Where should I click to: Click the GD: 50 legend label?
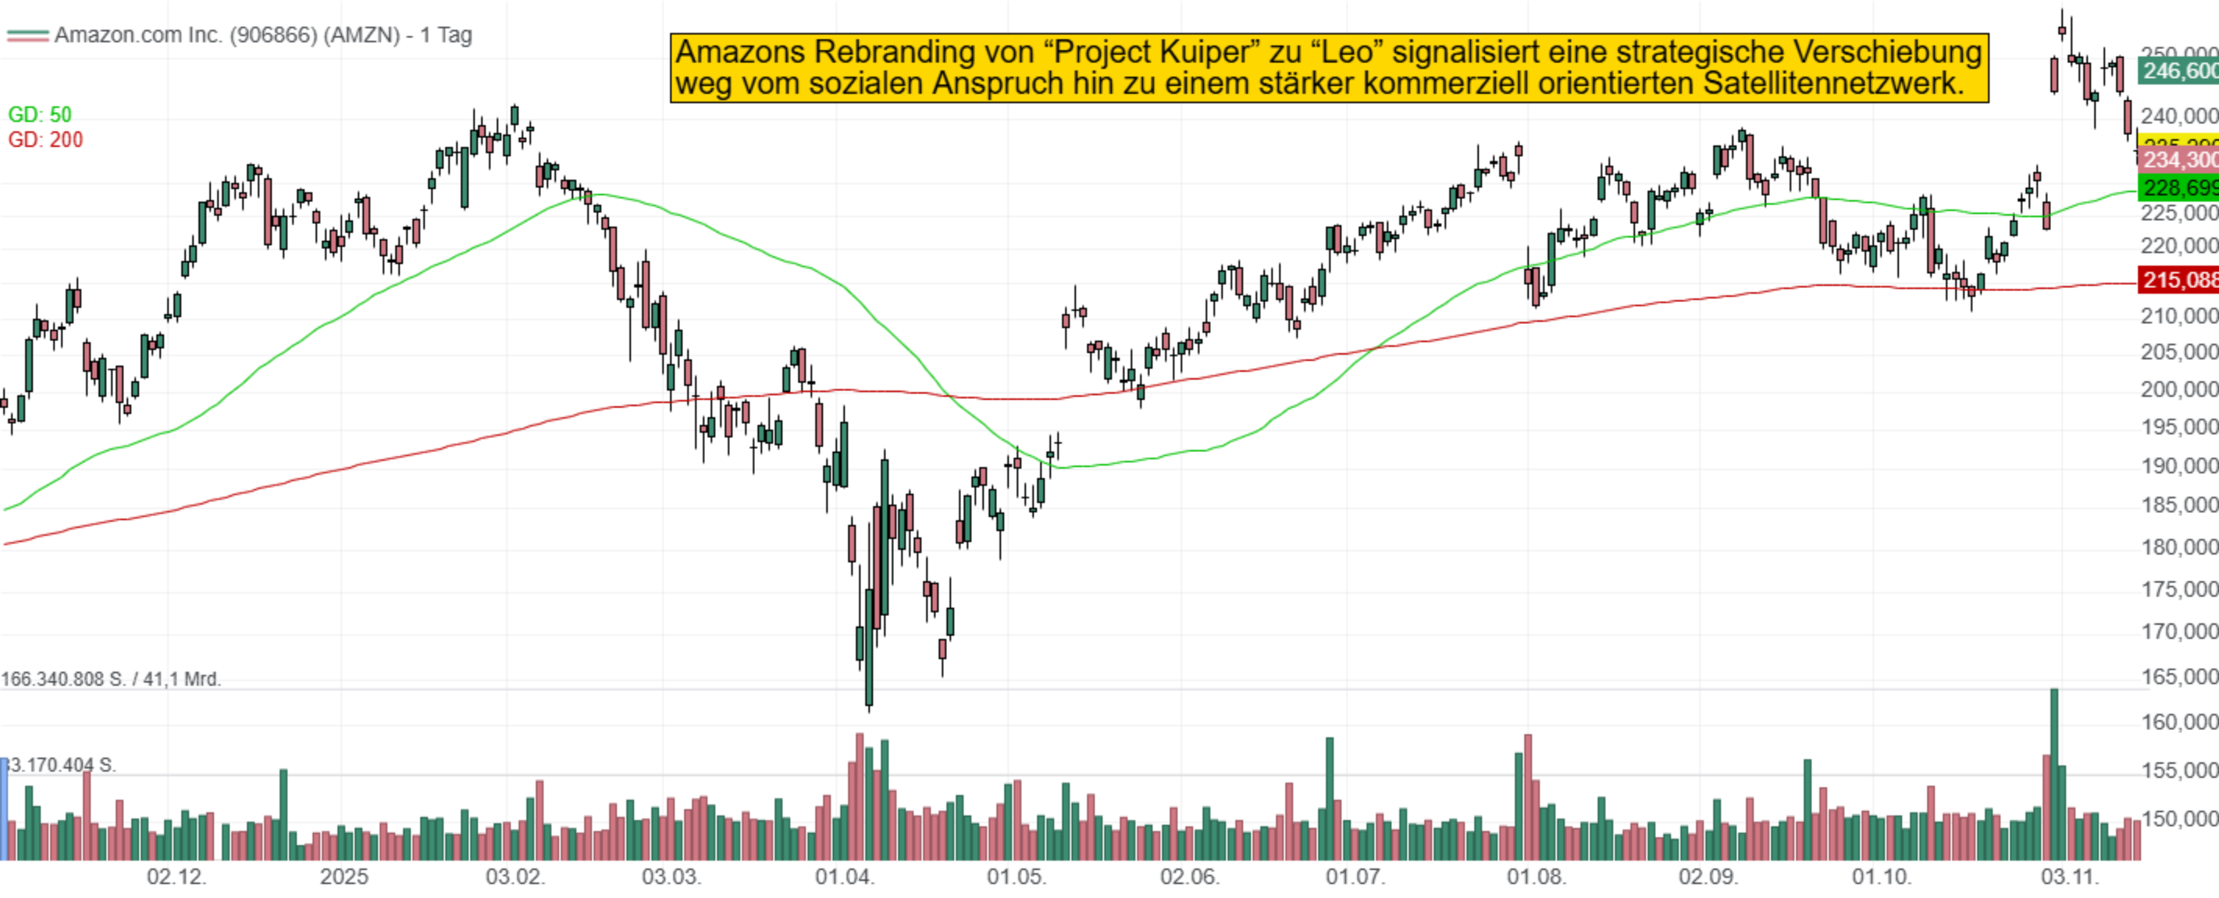(x=40, y=115)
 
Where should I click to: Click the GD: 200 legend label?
(x=45, y=140)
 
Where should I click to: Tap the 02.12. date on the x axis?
(x=176, y=878)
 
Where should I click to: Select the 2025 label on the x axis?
(x=344, y=878)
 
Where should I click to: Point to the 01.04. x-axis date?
(x=844, y=878)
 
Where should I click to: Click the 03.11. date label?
(x=2069, y=878)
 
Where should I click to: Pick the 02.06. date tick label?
(x=1188, y=878)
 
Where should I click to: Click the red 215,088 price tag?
(x=2178, y=280)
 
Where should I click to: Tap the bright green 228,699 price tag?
(x=2178, y=188)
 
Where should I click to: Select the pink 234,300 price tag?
(x=2178, y=160)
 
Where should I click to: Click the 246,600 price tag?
(x=2178, y=70)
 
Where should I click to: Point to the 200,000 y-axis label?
(x=2178, y=390)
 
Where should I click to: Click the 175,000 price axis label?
(x=2178, y=590)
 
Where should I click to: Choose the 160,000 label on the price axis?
(x=2178, y=722)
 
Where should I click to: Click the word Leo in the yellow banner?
(x=1352, y=52)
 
